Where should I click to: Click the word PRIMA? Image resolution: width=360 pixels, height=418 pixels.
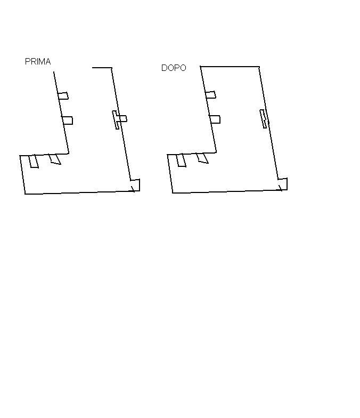(38, 62)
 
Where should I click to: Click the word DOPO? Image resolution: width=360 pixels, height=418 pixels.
(174, 68)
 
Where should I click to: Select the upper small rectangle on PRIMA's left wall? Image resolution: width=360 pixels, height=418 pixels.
(63, 96)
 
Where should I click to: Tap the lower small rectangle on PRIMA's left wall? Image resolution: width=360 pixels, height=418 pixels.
(67, 120)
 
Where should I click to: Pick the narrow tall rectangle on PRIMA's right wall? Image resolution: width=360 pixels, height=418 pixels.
(116, 120)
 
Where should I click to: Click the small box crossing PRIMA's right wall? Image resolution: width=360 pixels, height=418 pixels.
(122, 118)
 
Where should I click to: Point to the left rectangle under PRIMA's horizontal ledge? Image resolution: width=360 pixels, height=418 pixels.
(34, 161)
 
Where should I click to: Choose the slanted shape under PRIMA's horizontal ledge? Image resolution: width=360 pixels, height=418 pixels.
(55, 159)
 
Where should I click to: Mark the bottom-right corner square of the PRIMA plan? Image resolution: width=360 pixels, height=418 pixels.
(135, 185)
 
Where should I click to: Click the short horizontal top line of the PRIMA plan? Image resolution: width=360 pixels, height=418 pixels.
(102, 68)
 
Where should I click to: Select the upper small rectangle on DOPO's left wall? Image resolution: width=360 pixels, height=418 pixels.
(211, 95)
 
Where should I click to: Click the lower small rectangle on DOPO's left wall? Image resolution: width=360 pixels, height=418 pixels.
(215, 119)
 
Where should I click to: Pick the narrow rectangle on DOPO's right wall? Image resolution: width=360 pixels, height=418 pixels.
(263, 118)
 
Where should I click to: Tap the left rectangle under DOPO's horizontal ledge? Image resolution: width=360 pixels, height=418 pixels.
(181, 160)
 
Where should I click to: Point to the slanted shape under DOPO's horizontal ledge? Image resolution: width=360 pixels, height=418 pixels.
(202, 158)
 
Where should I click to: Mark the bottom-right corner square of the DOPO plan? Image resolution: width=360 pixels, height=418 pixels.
(283, 184)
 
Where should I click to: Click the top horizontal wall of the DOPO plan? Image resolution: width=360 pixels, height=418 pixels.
(230, 66)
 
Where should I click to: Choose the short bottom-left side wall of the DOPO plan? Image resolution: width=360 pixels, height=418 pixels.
(170, 174)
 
